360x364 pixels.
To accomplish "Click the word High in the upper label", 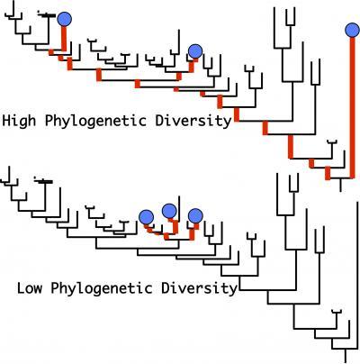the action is [19, 121].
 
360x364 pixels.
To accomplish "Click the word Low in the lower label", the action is [30, 288].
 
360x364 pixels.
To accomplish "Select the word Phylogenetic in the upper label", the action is [95, 122].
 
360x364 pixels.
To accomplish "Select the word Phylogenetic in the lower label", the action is [102, 289].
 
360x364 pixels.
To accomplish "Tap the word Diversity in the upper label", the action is [193, 121].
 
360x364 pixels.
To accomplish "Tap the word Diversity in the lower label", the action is [200, 288].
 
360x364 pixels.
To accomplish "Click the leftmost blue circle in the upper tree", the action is [64, 19].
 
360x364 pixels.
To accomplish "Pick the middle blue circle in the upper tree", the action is [195, 51].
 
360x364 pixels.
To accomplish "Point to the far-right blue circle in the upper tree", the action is [352, 30].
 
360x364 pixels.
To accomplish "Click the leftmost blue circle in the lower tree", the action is [147, 217].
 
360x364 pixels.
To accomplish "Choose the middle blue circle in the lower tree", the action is [169, 211].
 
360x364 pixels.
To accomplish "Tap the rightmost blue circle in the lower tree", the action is [195, 216].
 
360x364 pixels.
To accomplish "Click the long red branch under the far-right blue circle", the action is [353, 107].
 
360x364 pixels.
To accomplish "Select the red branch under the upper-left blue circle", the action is [64, 39].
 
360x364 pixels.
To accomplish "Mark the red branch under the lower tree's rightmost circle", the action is [193, 232].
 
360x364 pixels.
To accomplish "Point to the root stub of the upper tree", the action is [340, 185].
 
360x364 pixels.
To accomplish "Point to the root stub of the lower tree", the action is [346, 356].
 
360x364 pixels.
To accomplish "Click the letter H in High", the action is [6, 121].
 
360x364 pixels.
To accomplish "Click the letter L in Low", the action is [21, 288].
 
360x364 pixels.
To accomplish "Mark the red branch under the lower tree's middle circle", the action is [175, 226].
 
